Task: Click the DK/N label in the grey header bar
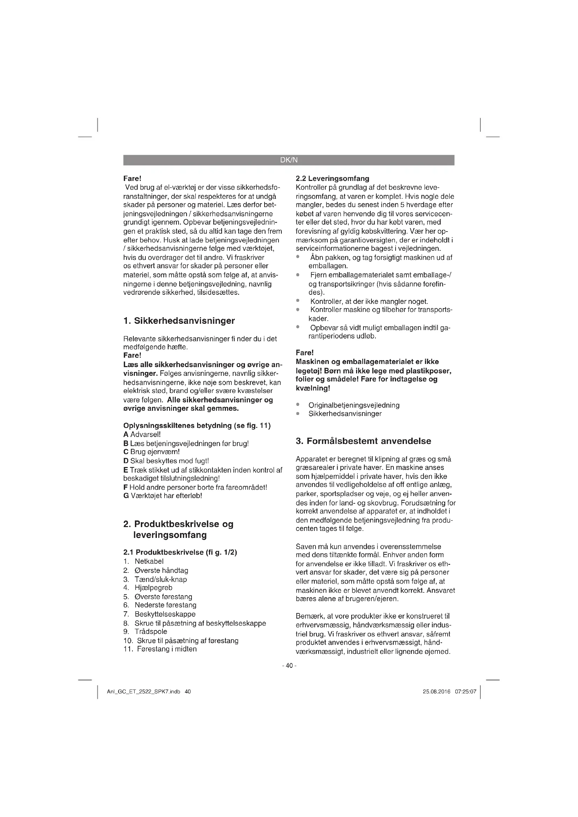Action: coord(289,160)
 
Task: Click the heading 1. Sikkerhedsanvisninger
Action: coord(179,321)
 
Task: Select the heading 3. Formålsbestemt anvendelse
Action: coord(363,441)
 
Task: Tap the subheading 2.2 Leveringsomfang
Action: coord(332,178)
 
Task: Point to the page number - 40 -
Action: coord(289,665)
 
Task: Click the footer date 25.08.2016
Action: coord(436,691)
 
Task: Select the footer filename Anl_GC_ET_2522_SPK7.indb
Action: coord(143,691)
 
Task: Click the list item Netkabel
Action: coord(149,561)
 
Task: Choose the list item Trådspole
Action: coord(151,632)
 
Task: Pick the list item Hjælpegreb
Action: coord(153,588)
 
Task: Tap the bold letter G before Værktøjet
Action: coord(126,496)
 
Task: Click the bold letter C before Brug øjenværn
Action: coord(126,452)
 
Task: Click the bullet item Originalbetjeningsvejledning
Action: coord(354,405)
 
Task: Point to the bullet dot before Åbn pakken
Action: coord(298,257)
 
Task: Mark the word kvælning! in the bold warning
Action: coord(313,388)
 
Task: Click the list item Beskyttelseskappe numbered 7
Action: coord(165,614)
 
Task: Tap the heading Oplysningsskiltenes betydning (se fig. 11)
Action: coord(197,425)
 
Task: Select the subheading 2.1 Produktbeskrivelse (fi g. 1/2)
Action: coord(180,552)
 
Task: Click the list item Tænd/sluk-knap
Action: coord(160,579)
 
